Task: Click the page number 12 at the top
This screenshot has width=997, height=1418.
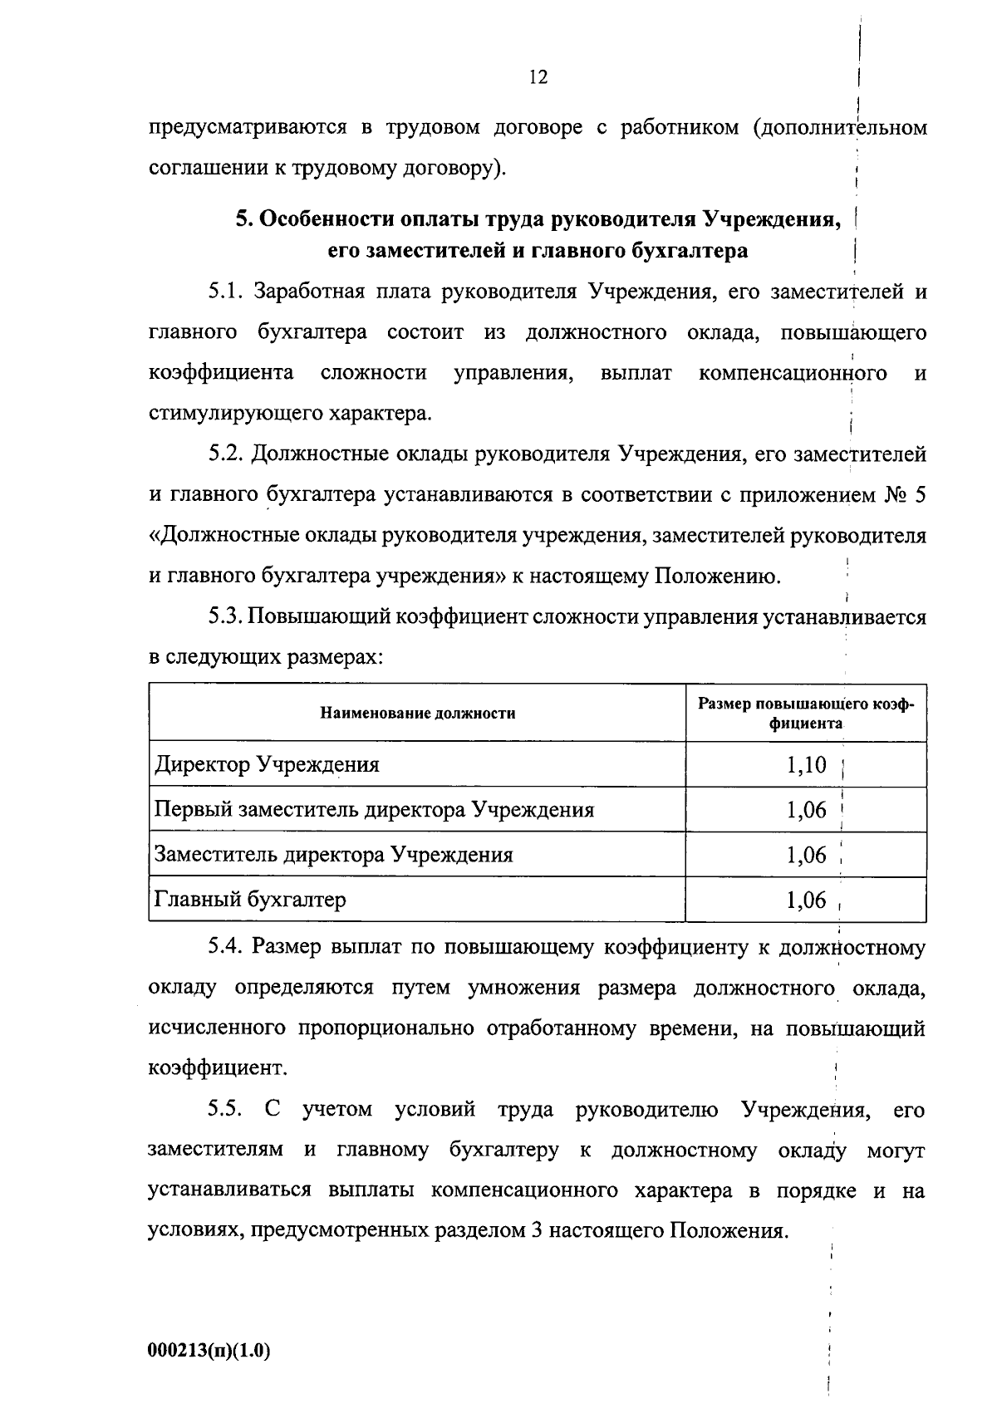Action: click(538, 77)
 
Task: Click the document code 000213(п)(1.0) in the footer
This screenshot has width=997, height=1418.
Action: click(209, 1351)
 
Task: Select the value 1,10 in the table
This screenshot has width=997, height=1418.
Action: click(806, 764)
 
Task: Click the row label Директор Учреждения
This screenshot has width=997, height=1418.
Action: click(267, 764)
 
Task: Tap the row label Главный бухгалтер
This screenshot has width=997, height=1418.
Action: click(250, 900)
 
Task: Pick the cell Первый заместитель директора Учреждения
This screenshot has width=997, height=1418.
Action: click(375, 809)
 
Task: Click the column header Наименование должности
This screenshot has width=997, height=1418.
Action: click(417, 713)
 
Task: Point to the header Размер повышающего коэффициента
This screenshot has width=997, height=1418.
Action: click(805, 713)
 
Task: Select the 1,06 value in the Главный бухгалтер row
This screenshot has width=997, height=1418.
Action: click(806, 900)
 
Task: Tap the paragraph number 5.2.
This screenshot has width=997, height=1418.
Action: click(224, 454)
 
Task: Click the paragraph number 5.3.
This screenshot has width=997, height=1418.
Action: click(224, 617)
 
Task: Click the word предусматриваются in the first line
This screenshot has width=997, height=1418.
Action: click(247, 129)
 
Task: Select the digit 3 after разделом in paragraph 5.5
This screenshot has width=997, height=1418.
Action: click(536, 1230)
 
